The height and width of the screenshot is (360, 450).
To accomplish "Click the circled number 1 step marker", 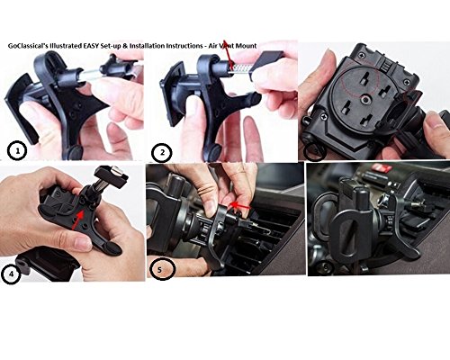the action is point(17,152).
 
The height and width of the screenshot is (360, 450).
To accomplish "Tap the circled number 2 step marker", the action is point(162,153).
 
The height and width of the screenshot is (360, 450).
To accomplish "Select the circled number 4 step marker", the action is point(11,274).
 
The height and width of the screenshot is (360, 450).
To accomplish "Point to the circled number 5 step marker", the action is point(162,269).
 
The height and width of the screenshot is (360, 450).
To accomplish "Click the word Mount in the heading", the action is point(246,46).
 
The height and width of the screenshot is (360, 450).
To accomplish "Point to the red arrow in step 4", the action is point(76,220).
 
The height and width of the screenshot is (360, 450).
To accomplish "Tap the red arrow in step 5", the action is point(239,206).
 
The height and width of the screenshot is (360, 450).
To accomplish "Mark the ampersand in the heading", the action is point(125,46).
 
